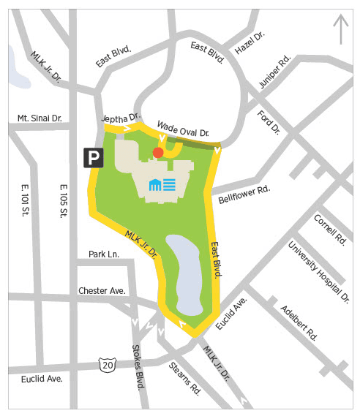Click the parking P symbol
tap(93, 157)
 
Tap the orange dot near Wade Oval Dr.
tap(157, 152)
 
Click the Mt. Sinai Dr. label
tap(40, 118)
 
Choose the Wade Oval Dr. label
tap(183, 129)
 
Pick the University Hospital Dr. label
tap(318, 271)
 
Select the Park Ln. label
tap(104, 254)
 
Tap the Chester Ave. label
tap(102, 290)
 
